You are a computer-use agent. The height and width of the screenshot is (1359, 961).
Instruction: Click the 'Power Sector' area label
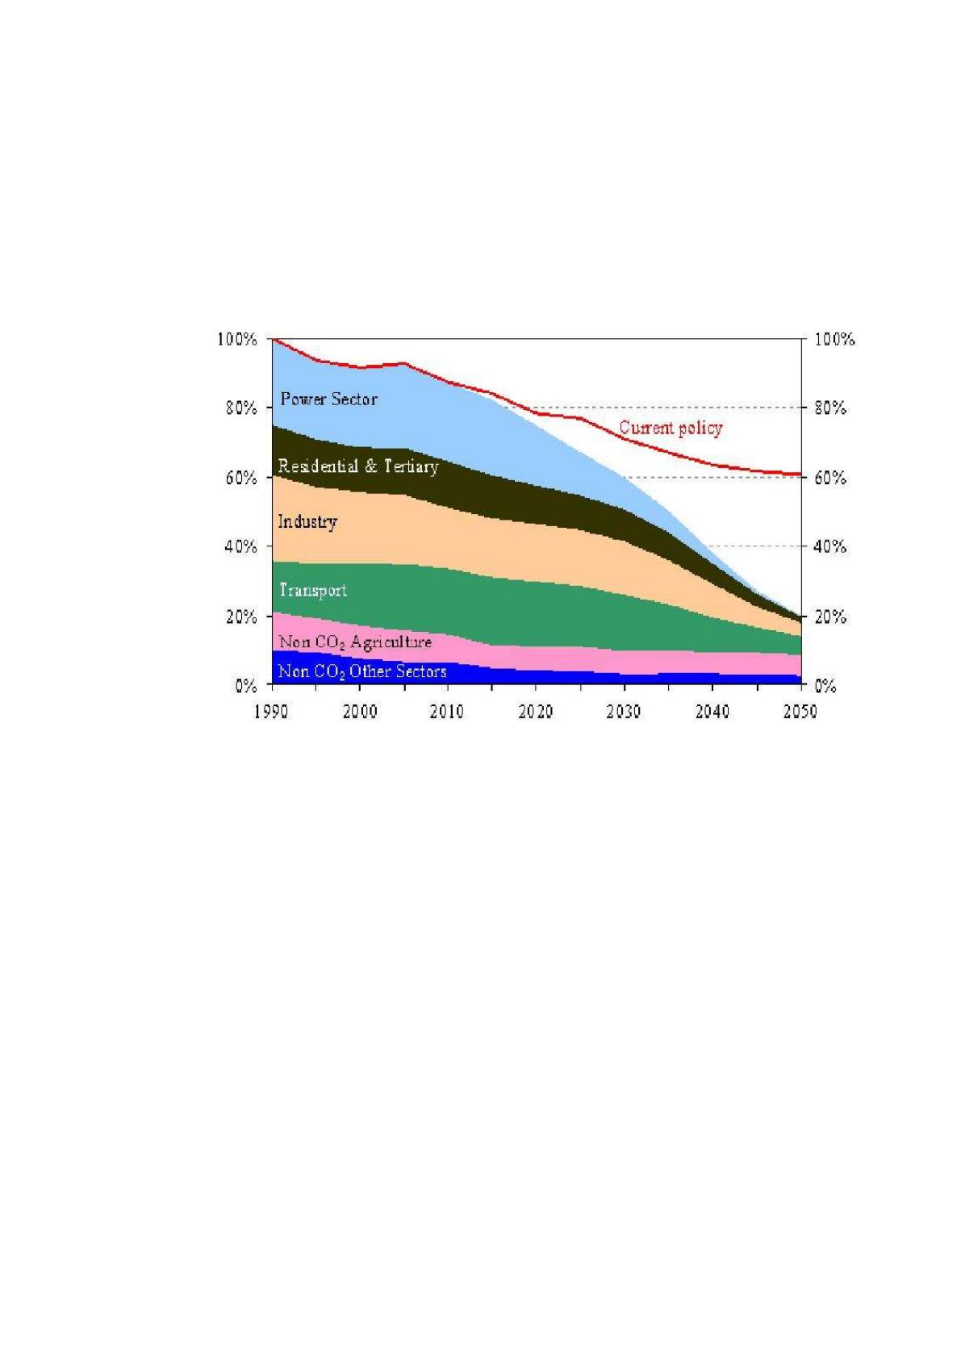tap(328, 399)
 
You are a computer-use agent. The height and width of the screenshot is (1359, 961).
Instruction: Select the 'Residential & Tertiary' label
tap(357, 466)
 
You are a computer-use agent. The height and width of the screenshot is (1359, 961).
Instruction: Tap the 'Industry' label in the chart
tap(307, 521)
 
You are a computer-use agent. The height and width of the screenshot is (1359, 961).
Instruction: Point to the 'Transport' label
tap(313, 590)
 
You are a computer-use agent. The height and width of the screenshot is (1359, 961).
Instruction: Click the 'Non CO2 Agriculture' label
tap(355, 642)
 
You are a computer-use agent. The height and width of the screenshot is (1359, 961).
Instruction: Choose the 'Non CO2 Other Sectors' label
tap(362, 671)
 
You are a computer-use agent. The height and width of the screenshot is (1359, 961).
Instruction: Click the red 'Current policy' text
tap(671, 428)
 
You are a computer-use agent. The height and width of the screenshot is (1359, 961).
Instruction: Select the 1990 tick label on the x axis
tap(271, 711)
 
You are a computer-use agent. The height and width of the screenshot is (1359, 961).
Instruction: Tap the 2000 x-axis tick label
tap(359, 711)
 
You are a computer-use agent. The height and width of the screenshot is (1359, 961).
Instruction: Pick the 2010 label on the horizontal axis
tap(447, 711)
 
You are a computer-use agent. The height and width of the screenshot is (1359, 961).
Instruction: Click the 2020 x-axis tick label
tap(535, 711)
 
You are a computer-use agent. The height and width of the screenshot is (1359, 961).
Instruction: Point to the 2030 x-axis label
tap(623, 711)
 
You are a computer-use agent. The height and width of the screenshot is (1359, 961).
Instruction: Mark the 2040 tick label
tap(712, 711)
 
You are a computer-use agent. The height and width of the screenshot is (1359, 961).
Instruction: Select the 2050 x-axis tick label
tap(800, 711)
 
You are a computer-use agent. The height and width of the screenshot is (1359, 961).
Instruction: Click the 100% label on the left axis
tap(236, 339)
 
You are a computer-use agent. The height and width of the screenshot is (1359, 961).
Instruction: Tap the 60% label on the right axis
tap(830, 478)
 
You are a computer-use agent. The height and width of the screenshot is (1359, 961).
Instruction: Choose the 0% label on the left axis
tap(245, 686)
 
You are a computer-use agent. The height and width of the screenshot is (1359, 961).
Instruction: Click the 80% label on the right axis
tap(830, 408)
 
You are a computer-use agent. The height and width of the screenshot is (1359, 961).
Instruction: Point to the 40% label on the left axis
tap(240, 547)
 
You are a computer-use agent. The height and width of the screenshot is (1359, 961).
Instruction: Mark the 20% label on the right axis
tap(830, 617)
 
